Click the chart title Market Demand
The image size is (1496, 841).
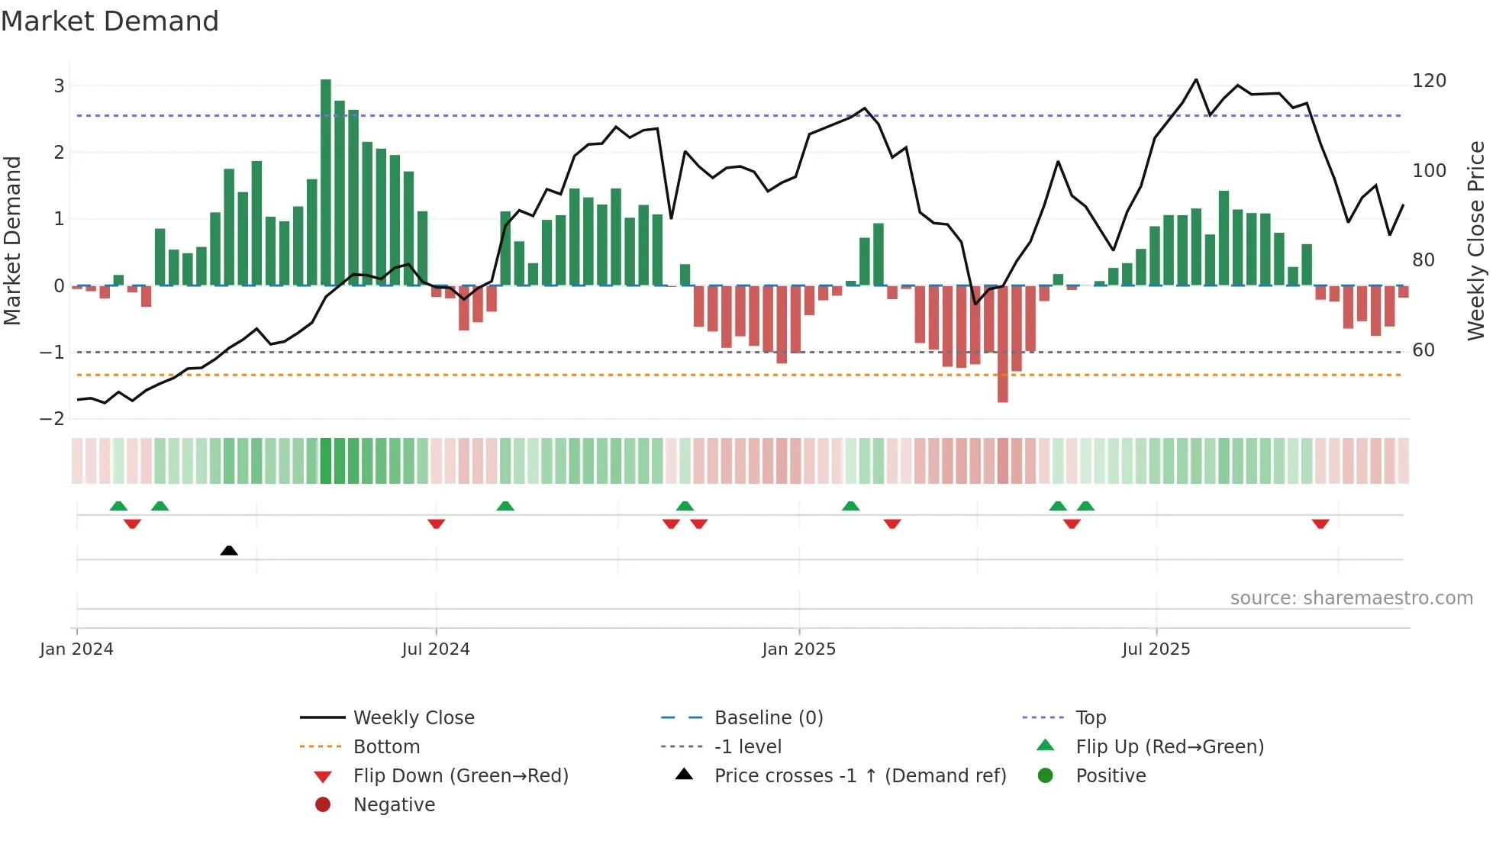point(110,21)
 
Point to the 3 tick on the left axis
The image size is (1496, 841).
point(59,86)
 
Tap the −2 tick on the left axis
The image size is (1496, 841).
point(53,419)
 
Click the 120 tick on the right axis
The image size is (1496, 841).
point(1429,81)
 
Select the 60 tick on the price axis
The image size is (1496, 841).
point(1423,350)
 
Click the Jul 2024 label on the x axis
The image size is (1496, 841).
point(436,649)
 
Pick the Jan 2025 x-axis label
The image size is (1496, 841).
point(798,649)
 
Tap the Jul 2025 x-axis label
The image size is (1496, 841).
point(1156,649)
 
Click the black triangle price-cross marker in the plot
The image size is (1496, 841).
point(229,550)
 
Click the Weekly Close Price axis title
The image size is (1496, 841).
point(1476,240)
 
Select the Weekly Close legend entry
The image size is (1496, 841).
point(413,718)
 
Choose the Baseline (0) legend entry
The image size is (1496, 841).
point(768,718)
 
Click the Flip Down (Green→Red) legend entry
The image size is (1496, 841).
point(460,776)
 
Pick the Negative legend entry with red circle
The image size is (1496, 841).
point(394,805)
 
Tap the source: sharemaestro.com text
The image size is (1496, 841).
point(1351,598)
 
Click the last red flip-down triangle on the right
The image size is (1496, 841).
point(1320,524)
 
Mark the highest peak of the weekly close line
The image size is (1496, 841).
point(1196,79)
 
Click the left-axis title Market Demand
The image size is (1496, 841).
point(13,240)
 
